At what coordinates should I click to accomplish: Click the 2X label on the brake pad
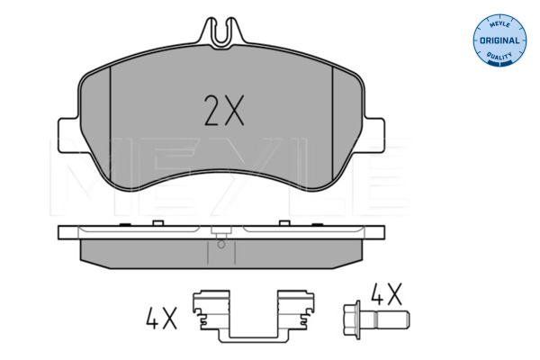[x=224, y=110]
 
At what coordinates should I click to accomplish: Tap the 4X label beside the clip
[x=161, y=318]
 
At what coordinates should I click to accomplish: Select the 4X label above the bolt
[x=386, y=294]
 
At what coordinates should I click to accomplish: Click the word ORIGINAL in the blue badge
[x=499, y=40]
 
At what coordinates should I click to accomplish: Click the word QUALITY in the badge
[x=499, y=56]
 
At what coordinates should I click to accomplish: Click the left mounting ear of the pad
[x=69, y=135]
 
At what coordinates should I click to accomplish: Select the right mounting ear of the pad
[x=374, y=135]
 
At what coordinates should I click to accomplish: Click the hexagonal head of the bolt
[x=352, y=319]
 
